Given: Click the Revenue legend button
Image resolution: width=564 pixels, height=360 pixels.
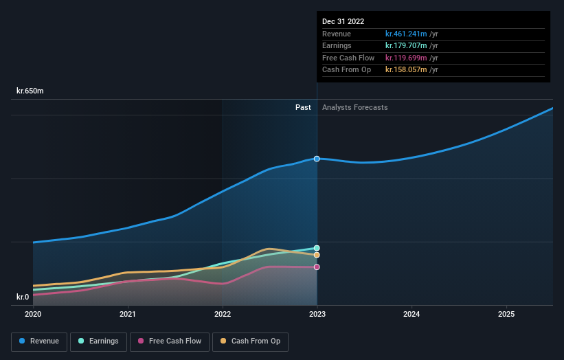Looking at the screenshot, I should click(x=39, y=341).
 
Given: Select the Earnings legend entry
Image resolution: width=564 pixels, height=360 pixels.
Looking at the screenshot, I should click(x=98, y=341).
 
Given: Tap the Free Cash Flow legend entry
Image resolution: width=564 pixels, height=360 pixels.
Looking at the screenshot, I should click(x=169, y=341).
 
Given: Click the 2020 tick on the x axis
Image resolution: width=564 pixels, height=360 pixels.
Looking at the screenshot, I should click(x=33, y=314).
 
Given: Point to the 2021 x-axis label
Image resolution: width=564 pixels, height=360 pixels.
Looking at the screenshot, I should click(x=127, y=314).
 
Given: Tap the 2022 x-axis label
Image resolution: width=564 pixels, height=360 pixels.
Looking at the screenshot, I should click(x=222, y=314).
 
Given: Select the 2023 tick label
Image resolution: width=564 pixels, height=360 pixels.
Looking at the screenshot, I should click(x=317, y=314).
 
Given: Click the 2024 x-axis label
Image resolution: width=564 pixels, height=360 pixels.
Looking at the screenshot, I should click(x=411, y=314).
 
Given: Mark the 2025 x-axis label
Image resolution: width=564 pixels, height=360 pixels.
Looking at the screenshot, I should click(x=506, y=314).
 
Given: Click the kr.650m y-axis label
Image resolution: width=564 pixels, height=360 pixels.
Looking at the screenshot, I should click(x=30, y=91).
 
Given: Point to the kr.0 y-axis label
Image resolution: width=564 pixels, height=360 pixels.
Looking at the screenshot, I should click(x=23, y=297).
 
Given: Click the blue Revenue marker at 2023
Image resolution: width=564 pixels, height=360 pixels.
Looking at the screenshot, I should click(x=317, y=159).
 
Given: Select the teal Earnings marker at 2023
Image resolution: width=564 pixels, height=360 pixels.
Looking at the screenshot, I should click(x=317, y=248).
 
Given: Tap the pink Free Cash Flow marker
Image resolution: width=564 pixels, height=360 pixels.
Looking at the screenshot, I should click(x=317, y=267).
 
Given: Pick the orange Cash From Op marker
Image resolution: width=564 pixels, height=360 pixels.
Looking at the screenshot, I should click(x=317, y=255).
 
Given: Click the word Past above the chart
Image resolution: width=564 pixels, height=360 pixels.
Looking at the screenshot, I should click(x=303, y=107).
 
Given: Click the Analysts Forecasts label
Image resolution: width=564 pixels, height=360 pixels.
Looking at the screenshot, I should click(x=354, y=107).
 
